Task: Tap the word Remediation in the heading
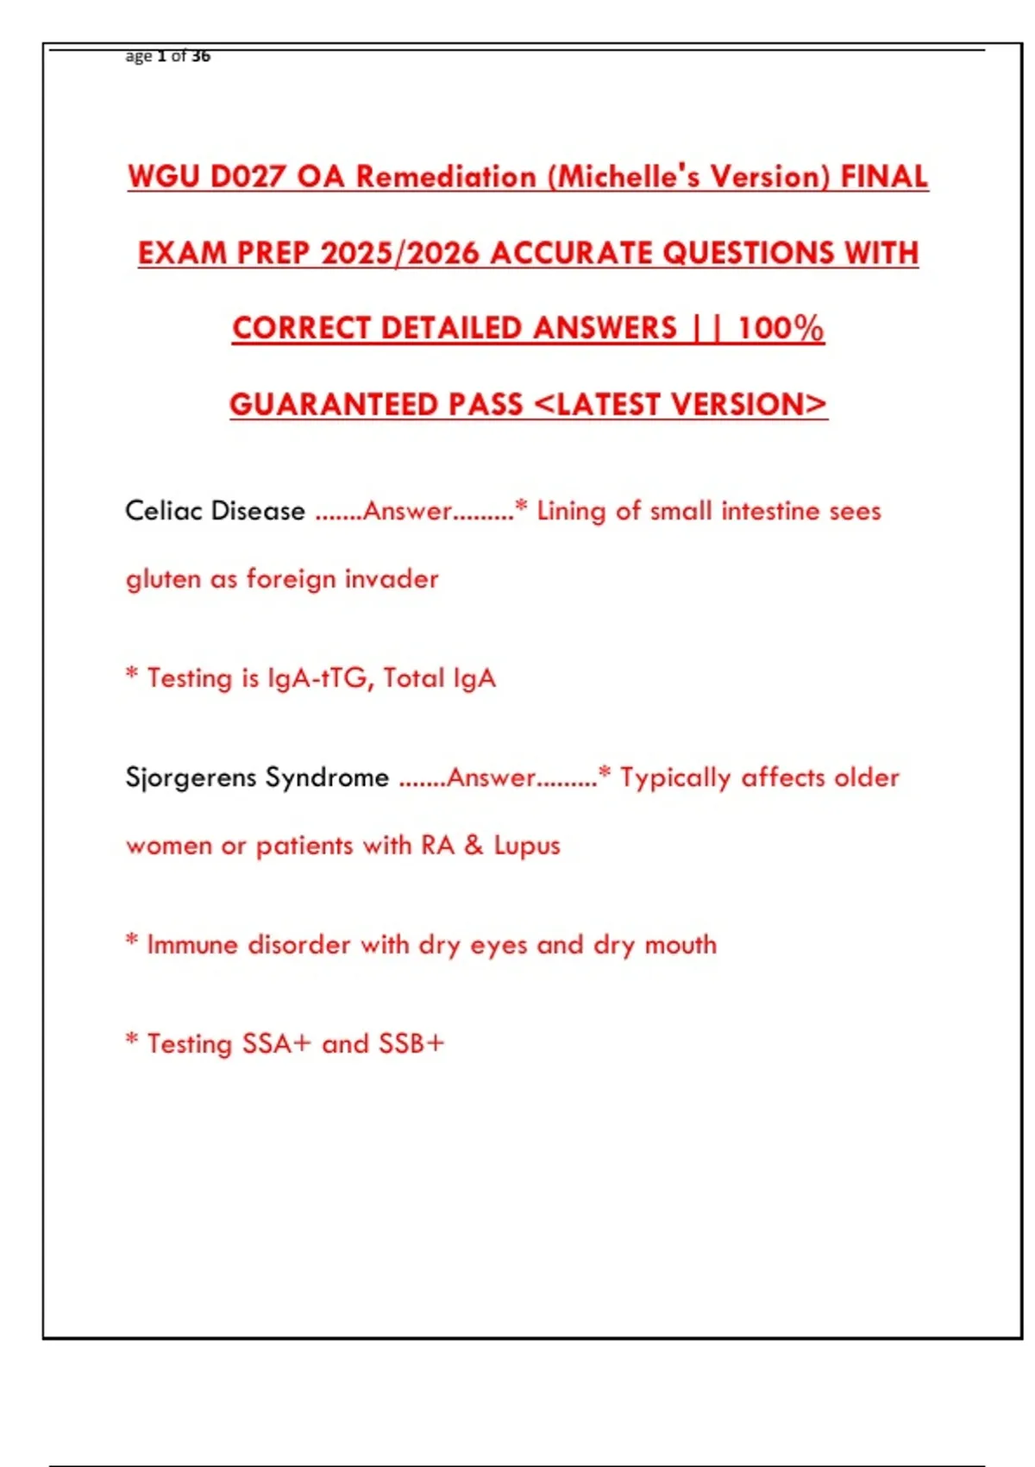click(x=446, y=177)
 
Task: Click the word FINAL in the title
click(x=884, y=177)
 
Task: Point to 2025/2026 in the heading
click(x=399, y=253)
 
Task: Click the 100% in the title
click(x=781, y=329)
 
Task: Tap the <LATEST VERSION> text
click(x=681, y=405)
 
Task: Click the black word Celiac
click(x=164, y=511)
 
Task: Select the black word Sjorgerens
click(x=191, y=778)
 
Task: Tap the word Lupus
click(x=526, y=846)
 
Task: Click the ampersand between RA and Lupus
click(x=474, y=845)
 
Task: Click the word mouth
click(x=681, y=945)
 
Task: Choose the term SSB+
click(x=411, y=1044)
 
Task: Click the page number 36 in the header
click(x=201, y=56)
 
